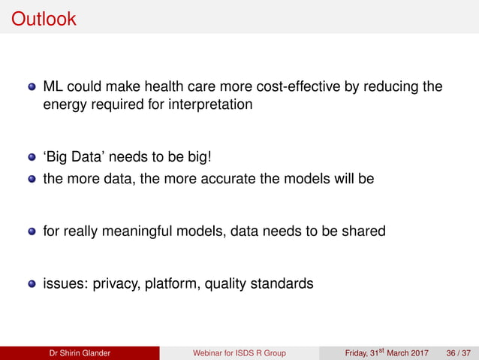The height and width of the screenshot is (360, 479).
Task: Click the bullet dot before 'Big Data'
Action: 32,159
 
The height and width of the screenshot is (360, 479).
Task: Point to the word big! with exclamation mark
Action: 212,159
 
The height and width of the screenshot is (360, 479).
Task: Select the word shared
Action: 363,231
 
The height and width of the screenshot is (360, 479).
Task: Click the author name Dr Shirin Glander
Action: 80,353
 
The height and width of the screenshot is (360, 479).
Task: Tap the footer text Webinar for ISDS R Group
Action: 239,353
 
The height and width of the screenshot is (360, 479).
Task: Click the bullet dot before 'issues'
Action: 32,284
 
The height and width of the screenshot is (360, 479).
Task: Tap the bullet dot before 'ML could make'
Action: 32,86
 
